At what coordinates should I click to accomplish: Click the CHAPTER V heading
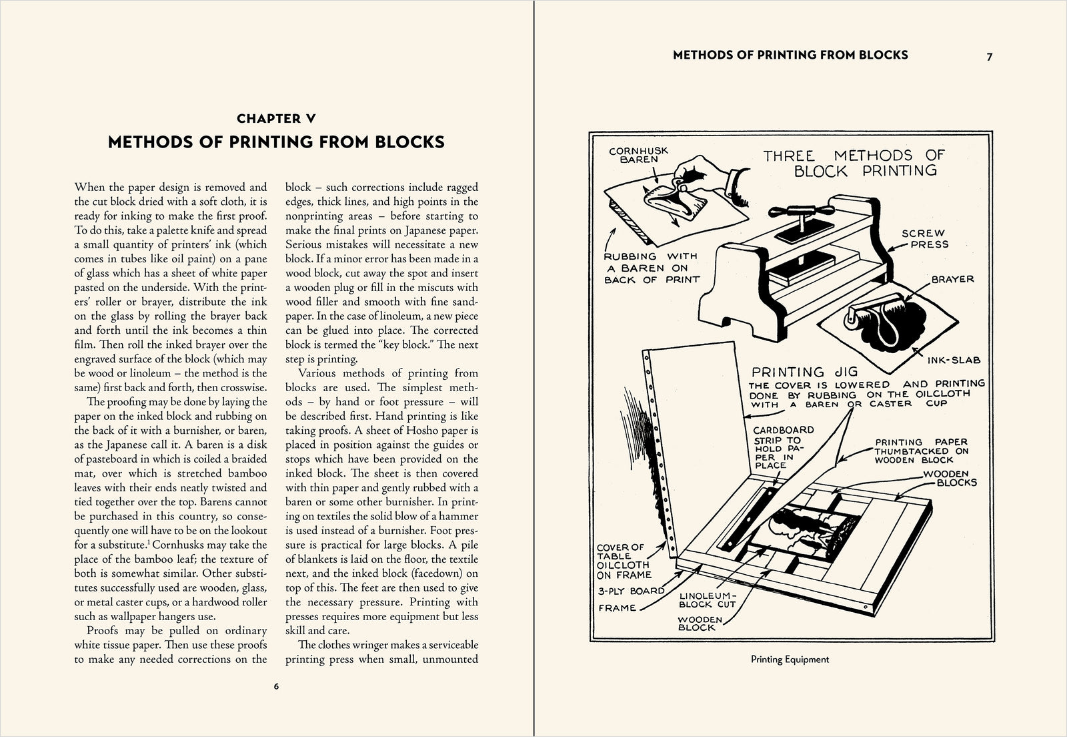click(x=276, y=119)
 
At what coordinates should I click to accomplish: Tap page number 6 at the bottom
click(x=276, y=686)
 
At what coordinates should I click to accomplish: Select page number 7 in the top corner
click(x=990, y=57)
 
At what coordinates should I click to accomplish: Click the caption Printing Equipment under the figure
click(x=790, y=660)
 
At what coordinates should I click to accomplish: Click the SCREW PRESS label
click(x=924, y=238)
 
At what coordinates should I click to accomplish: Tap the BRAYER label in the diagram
click(x=952, y=279)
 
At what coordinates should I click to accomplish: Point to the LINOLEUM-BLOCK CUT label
click(x=708, y=599)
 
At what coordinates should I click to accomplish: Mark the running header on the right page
click(x=790, y=55)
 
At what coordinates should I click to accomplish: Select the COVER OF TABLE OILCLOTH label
click(x=623, y=561)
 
